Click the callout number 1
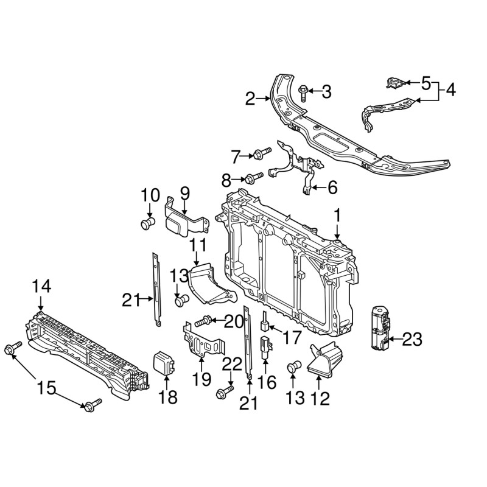point(337,216)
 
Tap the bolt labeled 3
point(303,93)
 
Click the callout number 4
point(448,90)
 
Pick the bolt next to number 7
point(263,153)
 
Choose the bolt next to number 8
point(254,178)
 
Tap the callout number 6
point(332,188)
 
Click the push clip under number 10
point(148,223)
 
